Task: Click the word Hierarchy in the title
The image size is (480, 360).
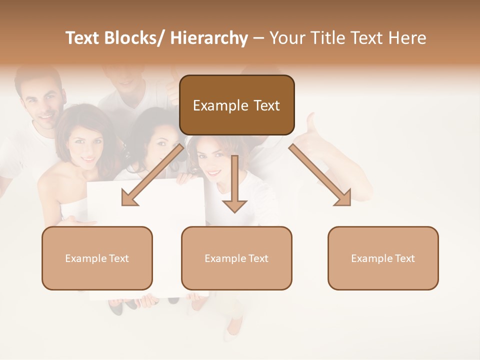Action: (x=209, y=38)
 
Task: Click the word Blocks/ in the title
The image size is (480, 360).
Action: (x=136, y=38)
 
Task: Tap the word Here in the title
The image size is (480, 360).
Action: (x=407, y=38)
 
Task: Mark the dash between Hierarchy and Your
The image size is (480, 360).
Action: (x=258, y=38)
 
